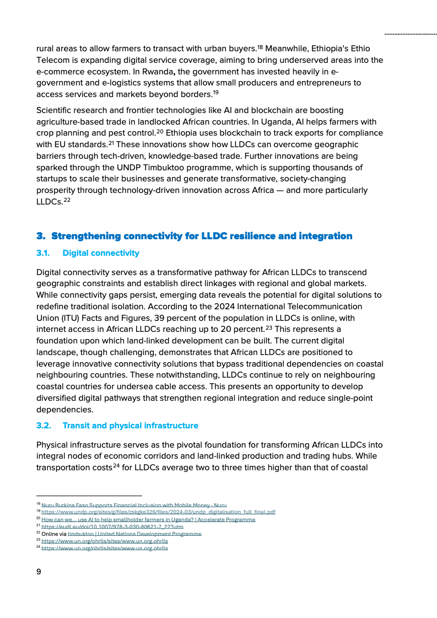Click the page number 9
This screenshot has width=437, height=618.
pyautogui.click(x=39, y=572)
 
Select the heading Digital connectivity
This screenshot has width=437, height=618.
pyautogui.click(x=101, y=253)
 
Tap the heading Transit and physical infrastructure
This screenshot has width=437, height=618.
pyautogui.click(x=130, y=426)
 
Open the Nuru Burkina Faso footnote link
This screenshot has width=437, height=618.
pyautogui.click(x=134, y=505)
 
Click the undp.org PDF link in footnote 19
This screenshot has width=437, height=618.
pyautogui.click(x=158, y=512)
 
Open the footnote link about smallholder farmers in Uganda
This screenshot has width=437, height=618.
pyautogui.click(x=148, y=519)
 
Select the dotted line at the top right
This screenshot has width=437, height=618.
pyautogui.click(x=410, y=34)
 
